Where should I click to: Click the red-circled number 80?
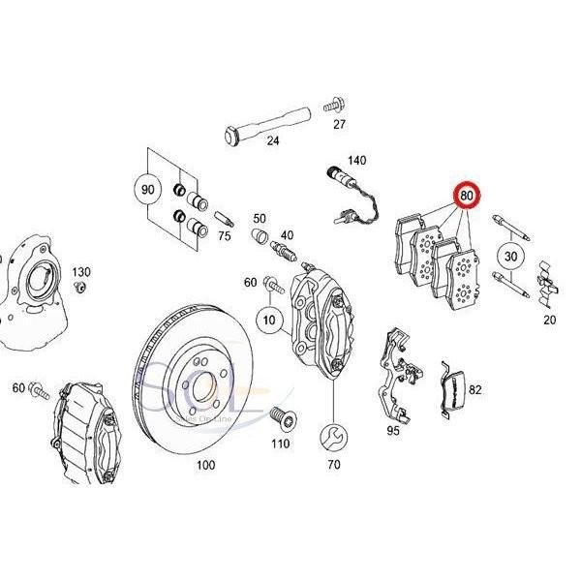click(x=469, y=197)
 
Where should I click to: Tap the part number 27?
click(x=339, y=125)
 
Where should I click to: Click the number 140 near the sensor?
click(x=357, y=160)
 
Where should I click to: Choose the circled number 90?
click(x=148, y=190)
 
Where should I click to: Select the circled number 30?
click(x=511, y=257)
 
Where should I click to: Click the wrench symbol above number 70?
click(x=335, y=433)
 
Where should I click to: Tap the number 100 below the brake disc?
click(x=205, y=466)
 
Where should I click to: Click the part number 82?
click(x=474, y=390)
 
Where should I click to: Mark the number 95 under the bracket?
click(x=393, y=430)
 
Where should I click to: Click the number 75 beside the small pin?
click(x=224, y=234)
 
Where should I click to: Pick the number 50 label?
click(x=259, y=219)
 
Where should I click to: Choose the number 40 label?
click(x=287, y=235)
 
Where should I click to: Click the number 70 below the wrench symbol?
click(x=335, y=466)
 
